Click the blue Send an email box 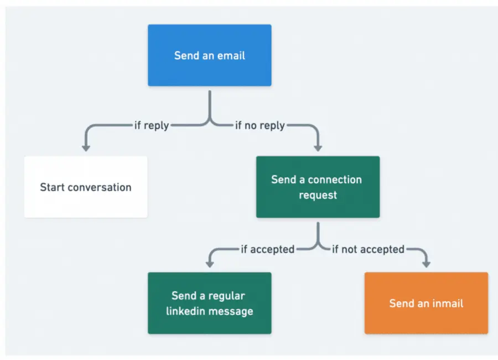(209, 55)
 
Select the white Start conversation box (86, 187)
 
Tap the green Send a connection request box (318, 187)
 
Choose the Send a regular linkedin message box (209, 303)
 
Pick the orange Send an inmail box (426, 303)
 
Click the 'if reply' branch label (152, 126)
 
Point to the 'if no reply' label (260, 126)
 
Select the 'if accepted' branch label (267, 249)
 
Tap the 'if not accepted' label (368, 249)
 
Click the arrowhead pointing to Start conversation (86, 147)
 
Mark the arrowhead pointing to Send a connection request (318, 147)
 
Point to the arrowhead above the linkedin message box (210, 264)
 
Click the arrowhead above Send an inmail (426, 264)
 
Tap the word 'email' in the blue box (231, 55)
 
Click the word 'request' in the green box (318, 195)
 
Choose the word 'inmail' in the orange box (445, 304)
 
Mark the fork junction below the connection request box (318, 244)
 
